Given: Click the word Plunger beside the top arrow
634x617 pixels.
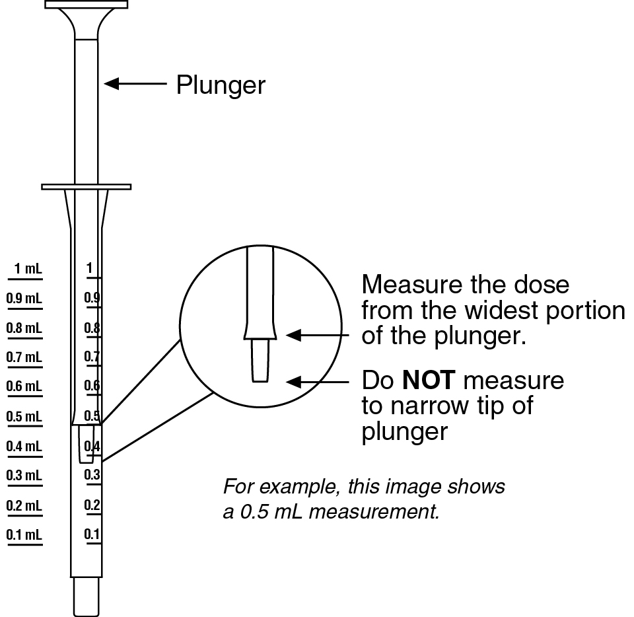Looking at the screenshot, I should pos(221,85).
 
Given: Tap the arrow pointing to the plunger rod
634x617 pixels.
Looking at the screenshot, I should pos(135,84).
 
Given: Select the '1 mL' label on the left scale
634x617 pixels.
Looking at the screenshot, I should pos(27,269).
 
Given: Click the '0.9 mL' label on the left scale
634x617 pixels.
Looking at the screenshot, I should pos(24,299).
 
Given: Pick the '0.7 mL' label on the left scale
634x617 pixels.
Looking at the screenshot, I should pos(24,357).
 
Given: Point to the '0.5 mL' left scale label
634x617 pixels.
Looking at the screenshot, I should pos(24,417).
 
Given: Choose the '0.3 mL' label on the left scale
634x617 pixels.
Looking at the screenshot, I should pos(24,476).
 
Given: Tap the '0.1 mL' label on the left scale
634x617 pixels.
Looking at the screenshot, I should pos(24,534).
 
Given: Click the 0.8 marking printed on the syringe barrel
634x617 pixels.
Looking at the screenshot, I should pos(92,328).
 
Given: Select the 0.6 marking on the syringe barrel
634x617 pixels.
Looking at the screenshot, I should pos(92,386).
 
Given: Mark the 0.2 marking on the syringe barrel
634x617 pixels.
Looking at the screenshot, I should pos(92,505).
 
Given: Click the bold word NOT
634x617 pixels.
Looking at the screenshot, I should pos(429,381).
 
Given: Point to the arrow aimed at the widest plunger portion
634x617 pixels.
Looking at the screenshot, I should pos(320,336).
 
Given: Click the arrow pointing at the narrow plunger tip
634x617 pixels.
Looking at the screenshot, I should pos(320,382).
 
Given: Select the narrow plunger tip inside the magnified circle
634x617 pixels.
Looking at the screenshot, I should pos(260,361).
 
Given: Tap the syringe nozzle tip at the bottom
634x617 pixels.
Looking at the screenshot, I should pos(87,597).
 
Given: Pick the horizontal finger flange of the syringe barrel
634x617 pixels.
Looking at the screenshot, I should pos(87,186).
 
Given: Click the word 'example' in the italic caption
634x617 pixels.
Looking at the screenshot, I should pos(290,488).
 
